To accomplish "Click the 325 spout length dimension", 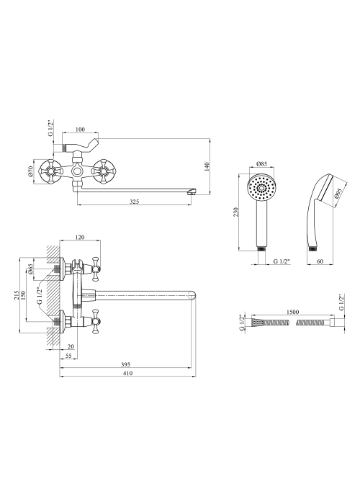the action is [x=135, y=202].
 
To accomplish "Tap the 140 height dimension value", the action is [x=207, y=166].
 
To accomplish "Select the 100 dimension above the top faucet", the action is [x=80, y=129].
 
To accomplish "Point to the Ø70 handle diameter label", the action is [x=31, y=171].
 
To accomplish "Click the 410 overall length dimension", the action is [x=127, y=373].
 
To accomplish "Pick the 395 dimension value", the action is [x=126, y=364].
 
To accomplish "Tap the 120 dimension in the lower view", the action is [x=80, y=237].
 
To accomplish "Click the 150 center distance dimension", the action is [x=23, y=295].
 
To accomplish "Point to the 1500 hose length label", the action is [x=293, y=312].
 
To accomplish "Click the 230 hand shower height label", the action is [x=235, y=212].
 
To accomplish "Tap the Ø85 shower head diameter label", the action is [x=261, y=164].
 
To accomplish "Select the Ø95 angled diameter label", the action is [x=338, y=194].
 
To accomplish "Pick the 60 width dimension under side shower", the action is [x=320, y=261].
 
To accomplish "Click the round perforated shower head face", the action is [x=261, y=188].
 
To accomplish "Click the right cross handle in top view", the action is [x=104, y=172].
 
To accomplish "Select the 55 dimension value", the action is [x=68, y=356].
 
